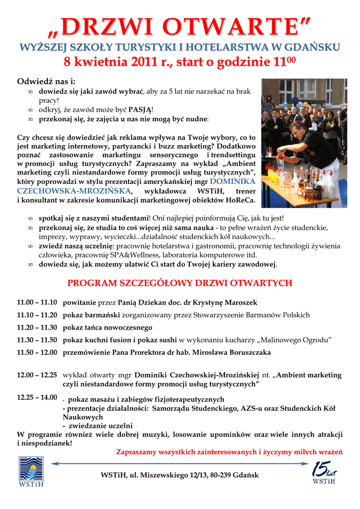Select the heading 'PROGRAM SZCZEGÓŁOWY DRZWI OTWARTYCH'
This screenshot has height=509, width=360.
tap(180, 283)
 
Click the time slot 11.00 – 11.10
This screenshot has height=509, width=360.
tap(37, 302)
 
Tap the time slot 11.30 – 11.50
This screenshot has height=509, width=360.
tap(37, 340)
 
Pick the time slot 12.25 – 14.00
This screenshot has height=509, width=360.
tap(37, 397)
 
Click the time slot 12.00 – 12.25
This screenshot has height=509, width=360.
tap(37, 375)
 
